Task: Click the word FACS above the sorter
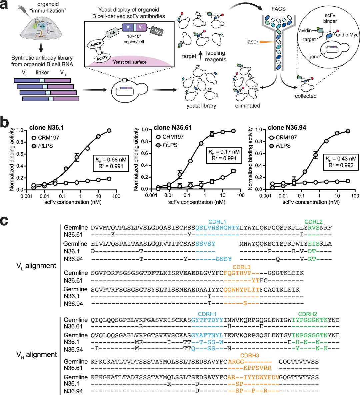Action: [x=278, y=9]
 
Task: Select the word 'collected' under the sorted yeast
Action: [x=306, y=96]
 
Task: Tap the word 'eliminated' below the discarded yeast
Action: [x=247, y=106]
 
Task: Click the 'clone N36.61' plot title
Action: [x=173, y=128]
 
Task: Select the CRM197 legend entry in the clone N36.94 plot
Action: [x=283, y=137]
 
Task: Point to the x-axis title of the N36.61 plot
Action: [x=197, y=202]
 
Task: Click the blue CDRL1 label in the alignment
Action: [x=217, y=222]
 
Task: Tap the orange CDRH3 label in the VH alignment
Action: [x=249, y=356]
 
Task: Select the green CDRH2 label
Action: [x=307, y=314]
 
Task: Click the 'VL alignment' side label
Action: [x=36, y=266]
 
